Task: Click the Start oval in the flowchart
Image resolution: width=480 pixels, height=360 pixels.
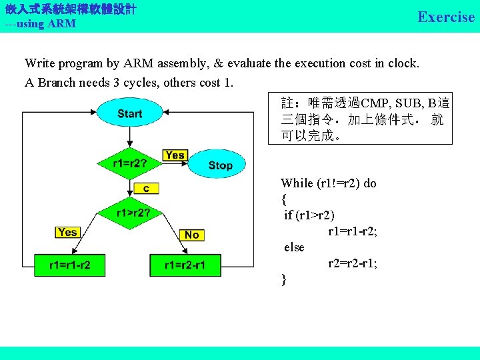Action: pos(129,113)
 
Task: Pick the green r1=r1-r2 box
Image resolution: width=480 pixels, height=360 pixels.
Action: pos(69,265)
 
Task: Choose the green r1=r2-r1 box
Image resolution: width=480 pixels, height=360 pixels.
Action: pos(185,265)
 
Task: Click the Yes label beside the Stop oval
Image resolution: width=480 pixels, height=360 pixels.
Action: pos(175,155)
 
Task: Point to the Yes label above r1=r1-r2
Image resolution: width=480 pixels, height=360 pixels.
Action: pos(67,232)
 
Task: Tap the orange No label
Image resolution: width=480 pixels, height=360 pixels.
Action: pos(191,234)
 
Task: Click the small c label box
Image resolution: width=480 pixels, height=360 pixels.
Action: pos(146,189)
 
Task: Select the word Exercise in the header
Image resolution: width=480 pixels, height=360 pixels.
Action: pos(446,17)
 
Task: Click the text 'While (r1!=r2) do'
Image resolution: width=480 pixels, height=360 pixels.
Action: pos(328,183)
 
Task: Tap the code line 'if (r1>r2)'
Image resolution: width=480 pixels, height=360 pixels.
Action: pos(309,215)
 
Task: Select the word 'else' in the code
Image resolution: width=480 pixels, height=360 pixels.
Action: pos(294,247)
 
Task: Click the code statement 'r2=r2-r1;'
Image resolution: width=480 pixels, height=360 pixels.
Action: pos(352,263)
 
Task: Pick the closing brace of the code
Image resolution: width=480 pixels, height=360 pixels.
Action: pos(284,279)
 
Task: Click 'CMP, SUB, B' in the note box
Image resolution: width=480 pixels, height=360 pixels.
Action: pos(397,103)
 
